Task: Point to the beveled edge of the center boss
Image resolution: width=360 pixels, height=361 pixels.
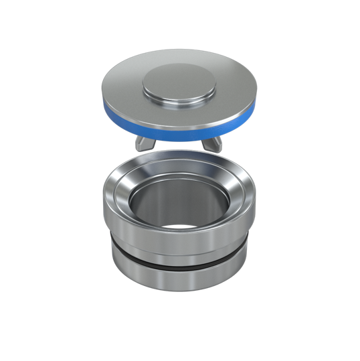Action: (x=179, y=102)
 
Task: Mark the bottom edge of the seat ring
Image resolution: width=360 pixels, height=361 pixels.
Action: (x=178, y=289)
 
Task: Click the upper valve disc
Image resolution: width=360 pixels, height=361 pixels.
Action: (x=179, y=94)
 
